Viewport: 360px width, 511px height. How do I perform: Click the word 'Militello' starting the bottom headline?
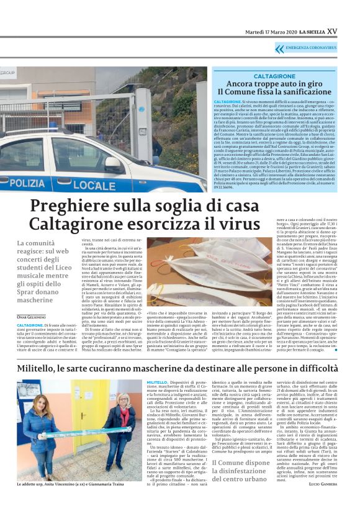pyautogui.click(x=46, y=367)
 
